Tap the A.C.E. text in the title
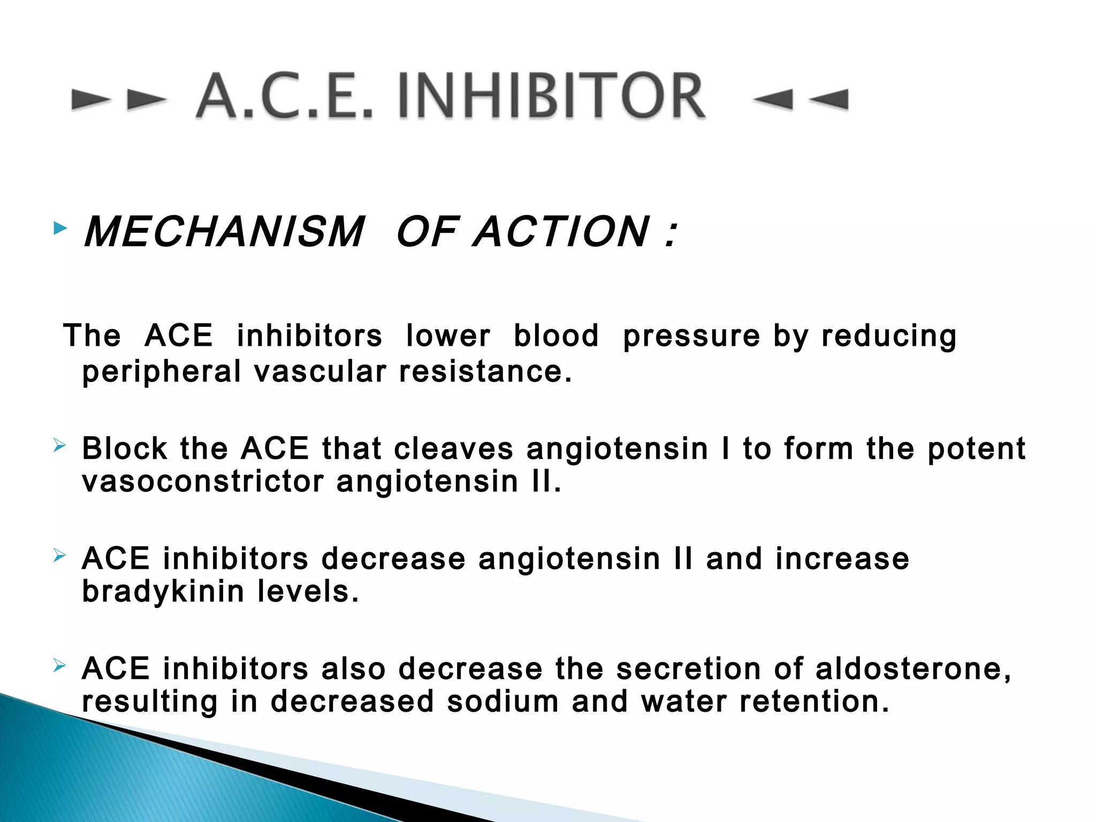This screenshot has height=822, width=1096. pyautogui.click(x=284, y=96)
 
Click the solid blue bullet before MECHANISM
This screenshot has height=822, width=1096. pyautogui.click(x=60, y=229)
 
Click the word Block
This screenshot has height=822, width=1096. pyautogui.click(x=124, y=448)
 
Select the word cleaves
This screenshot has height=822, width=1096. pyautogui.click(x=453, y=448)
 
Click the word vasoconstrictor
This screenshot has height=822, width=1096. pyautogui.click(x=203, y=482)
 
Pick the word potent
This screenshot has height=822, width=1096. pyautogui.click(x=977, y=448)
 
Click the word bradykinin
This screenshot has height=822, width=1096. pyautogui.click(x=163, y=592)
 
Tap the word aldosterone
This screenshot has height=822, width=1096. pyautogui.click(x=913, y=669)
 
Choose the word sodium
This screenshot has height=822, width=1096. pyautogui.click(x=503, y=702)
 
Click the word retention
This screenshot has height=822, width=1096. pyautogui.click(x=814, y=702)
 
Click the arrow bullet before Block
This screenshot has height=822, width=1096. pyautogui.click(x=59, y=445)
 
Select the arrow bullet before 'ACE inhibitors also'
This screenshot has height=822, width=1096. pyautogui.click(x=59, y=666)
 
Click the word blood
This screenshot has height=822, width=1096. pyautogui.click(x=556, y=336)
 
